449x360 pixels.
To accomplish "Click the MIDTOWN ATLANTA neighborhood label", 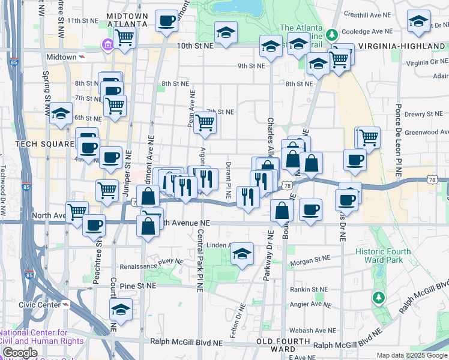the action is pyautogui.click(x=127, y=19).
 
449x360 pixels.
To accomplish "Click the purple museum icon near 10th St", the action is pyautogui.click(x=107, y=44).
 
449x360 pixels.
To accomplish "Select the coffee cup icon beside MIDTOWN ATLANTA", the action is pyautogui.click(x=166, y=21).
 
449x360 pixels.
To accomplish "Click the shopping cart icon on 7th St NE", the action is pyautogui.click(x=205, y=122).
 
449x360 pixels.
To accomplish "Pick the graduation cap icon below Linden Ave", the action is pyautogui.click(x=242, y=254).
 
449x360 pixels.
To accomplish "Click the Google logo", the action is pyautogui.click(x=20, y=353).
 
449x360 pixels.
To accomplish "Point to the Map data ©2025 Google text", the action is pyautogui.click(x=412, y=355).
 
